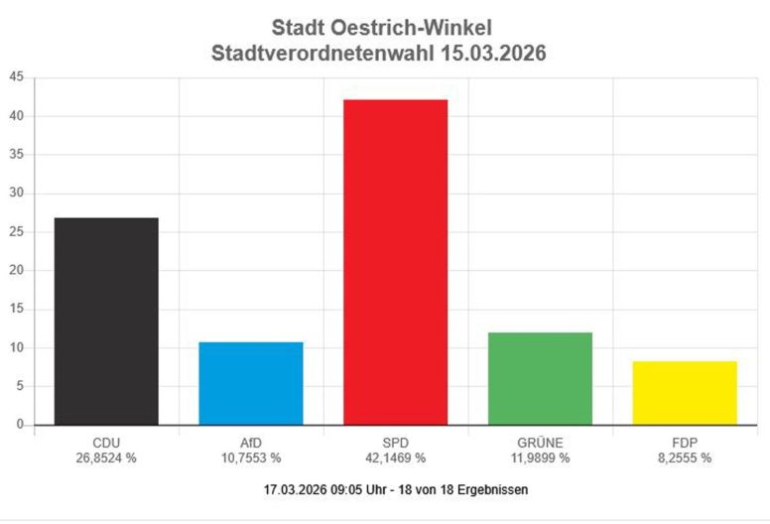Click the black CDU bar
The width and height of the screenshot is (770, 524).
[106, 322]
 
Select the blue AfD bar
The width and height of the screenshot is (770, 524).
[250, 383]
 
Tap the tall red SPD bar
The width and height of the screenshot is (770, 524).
[395, 262]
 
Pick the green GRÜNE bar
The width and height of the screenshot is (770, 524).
[540, 378]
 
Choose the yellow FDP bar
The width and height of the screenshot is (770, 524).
[685, 393]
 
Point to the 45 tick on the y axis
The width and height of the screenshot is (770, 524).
[16, 77]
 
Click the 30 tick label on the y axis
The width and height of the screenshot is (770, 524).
[16, 194]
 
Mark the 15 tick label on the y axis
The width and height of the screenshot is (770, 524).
[16, 309]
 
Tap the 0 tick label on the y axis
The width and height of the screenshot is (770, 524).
[19, 425]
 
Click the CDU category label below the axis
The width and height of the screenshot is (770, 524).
[105, 443]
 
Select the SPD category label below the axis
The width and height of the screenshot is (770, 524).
[395, 443]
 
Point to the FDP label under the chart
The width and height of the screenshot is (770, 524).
[685, 443]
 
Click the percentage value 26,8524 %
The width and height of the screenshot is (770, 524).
[105, 458]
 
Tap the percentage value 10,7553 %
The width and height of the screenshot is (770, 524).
[250, 458]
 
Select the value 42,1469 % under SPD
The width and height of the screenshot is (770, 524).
[395, 458]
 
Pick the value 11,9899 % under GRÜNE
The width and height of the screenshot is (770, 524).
[540, 458]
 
